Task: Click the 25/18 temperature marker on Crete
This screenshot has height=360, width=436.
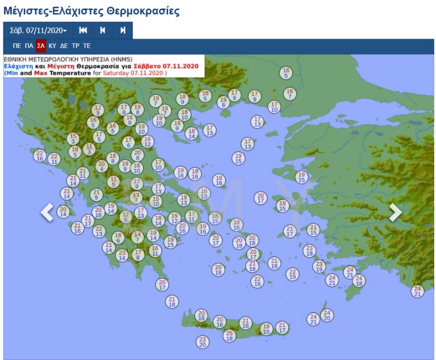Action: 229,336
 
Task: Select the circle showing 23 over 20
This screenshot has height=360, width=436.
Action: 202,342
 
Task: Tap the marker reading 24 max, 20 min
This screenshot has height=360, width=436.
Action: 327,315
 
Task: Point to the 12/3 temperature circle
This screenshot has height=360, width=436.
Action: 98,110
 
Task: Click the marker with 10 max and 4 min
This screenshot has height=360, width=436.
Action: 102,166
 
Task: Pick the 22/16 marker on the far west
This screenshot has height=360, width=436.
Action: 40,156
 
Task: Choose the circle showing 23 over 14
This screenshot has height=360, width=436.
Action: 122,255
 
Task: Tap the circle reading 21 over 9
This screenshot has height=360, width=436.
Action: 97,194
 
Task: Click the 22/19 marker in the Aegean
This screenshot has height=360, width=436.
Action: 293,274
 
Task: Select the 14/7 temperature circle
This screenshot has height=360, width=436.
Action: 138,237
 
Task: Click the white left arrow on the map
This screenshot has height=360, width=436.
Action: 47,212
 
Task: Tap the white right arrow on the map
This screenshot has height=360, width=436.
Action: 395,212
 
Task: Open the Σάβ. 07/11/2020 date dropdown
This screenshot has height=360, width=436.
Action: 38,31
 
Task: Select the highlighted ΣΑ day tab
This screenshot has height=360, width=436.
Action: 41,46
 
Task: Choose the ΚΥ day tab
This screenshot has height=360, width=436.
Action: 53,46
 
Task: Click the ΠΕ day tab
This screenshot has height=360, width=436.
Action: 17,46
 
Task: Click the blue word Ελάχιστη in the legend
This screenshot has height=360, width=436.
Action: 18,65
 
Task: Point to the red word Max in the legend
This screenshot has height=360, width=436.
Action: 40,73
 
